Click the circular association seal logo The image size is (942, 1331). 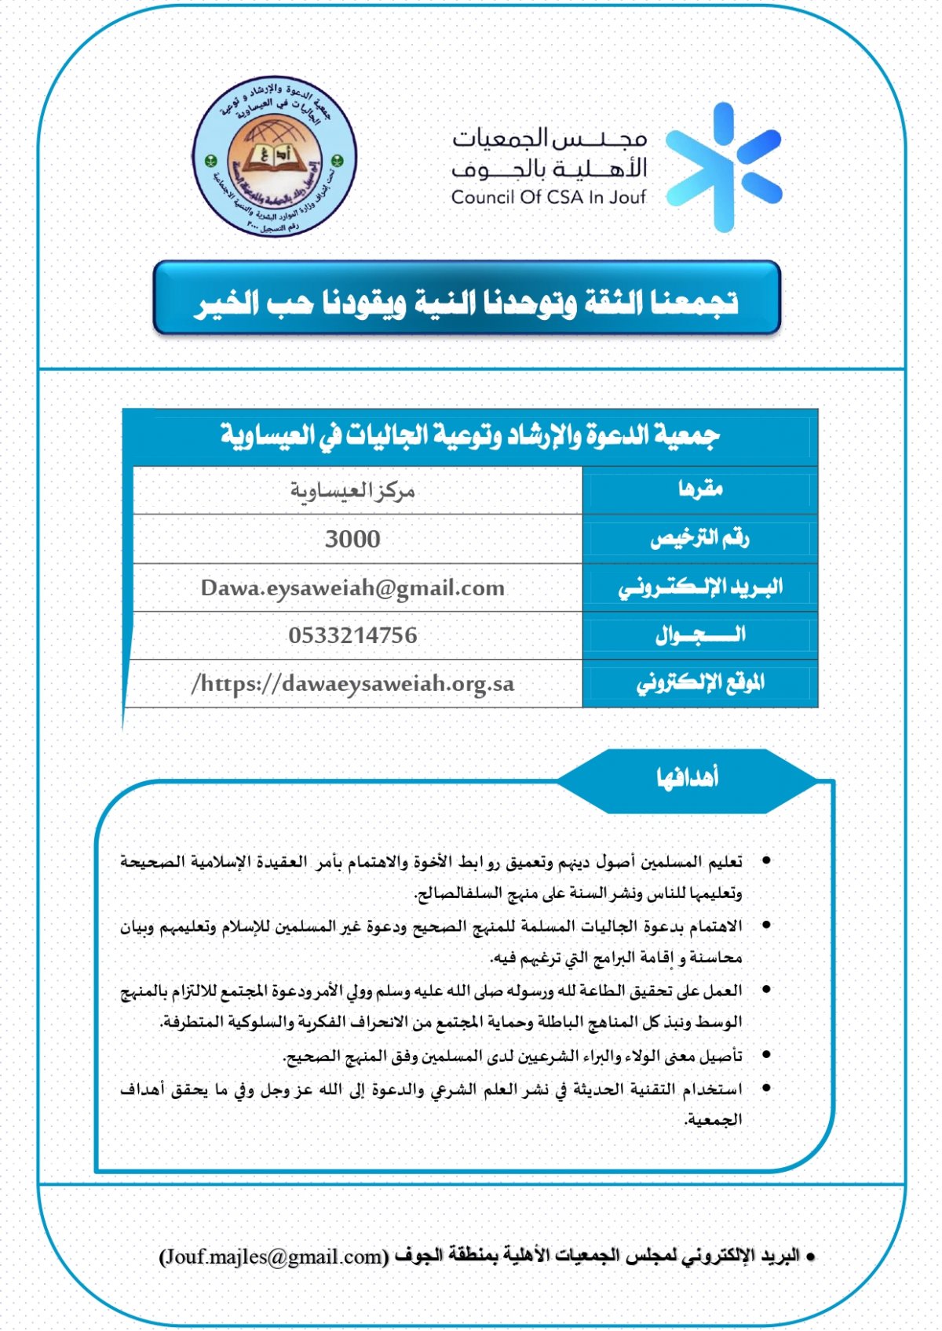tap(274, 156)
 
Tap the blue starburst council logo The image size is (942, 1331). tap(723, 167)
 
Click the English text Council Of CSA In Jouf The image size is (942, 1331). tap(548, 198)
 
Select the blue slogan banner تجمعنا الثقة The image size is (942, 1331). tap(467, 300)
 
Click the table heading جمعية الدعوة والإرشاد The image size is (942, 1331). tap(469, 435)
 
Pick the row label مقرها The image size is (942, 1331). tap(699, 490)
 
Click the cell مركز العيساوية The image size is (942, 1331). tap(352, 491)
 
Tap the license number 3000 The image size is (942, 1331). tap(352, 539)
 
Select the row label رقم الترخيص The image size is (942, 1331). tap(699, 539)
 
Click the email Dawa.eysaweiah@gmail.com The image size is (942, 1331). tap(352, 587)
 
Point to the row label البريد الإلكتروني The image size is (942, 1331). tap(699, 587)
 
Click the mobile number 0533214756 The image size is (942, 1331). tap(352, 635)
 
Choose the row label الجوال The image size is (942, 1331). tap(699, 635)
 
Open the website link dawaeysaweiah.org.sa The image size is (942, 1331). tap(352, 684)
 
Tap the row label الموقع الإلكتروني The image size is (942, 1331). tap(699, 684)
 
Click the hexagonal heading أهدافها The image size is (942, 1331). tap(688, 779)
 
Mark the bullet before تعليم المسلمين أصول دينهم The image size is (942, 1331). tap(766, 861)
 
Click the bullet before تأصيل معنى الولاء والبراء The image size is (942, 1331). tap(766, 1056)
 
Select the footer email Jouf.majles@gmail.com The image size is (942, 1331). tap(274, 1256)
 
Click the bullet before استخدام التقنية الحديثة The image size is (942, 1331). tap(766, 1089)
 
